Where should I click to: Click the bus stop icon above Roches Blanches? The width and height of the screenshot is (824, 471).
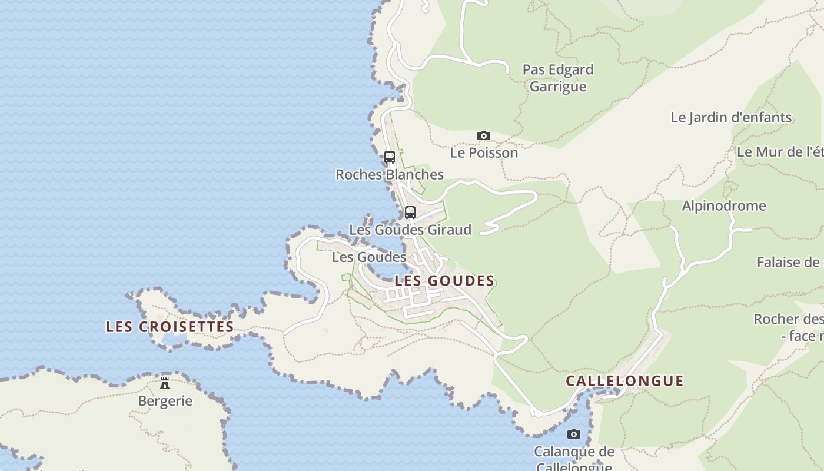[x=390, y=157]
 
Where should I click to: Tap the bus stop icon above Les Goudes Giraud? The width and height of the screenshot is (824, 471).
[x=410, y=213]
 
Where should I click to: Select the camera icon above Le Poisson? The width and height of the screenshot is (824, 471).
[x=483, y=136]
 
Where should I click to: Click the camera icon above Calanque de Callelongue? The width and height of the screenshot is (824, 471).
[x=573, y=434]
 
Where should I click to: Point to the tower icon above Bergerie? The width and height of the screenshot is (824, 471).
[x=165, y=383]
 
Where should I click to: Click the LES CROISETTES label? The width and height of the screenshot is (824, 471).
[x=170, y=327]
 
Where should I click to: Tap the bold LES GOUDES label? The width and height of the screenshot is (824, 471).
[x=444, y=281]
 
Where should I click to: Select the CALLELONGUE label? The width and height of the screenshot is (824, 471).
[x=624, y=381]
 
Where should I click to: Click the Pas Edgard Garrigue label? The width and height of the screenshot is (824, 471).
[x=558, y=78]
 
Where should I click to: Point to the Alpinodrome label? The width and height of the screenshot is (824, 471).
[x=723, y=206]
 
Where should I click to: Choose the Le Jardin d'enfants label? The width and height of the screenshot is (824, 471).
[x=731, y=117]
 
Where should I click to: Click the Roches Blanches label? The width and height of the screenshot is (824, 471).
[x=389, y=174]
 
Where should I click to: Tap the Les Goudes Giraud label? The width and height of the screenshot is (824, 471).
[x=410, y=230]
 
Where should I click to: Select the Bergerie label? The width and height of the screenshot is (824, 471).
[x=165, y=401]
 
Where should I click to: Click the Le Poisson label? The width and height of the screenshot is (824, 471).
[x=484, y=152]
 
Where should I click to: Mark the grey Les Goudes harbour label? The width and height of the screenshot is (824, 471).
[x=368, y=257]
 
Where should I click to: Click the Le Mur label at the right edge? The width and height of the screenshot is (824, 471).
[x=780, y=151]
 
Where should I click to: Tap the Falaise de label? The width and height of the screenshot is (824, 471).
[x=789, y=262]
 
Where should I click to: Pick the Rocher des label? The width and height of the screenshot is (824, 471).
[x=789, y=320]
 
